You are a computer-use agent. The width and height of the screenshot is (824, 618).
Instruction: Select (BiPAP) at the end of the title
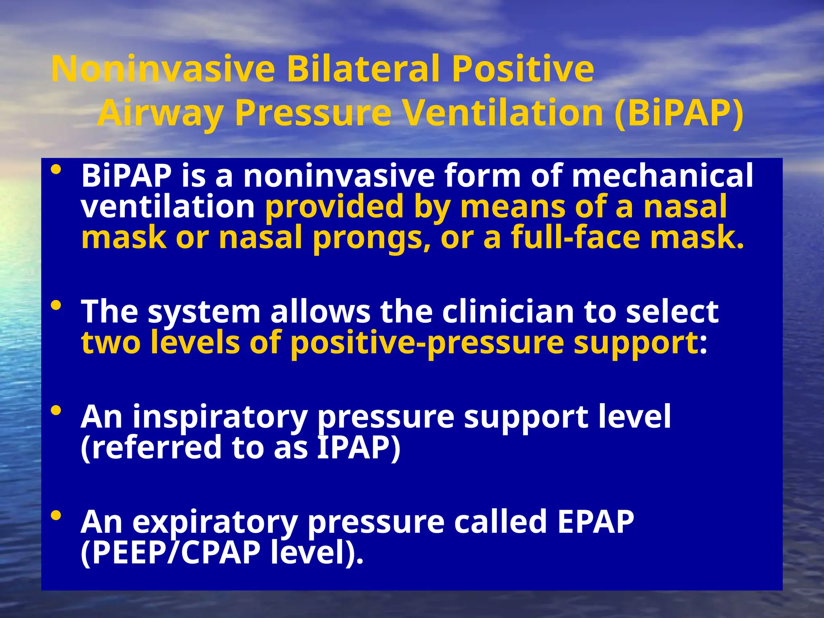[x=679, y=113]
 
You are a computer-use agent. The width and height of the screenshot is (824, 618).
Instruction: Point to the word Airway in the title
[x=160, y=114]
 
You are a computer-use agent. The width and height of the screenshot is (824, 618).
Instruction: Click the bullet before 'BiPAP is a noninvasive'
[x=56, y=170]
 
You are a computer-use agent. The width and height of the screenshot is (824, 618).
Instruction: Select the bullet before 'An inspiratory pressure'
[x=56, y=411]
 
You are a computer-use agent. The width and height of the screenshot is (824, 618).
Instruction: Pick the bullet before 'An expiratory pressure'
[x=56, y=515]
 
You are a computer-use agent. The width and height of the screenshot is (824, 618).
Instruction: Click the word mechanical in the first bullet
[x=662, y=175]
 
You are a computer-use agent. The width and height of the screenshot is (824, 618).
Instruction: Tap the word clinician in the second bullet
[x=508, y=312]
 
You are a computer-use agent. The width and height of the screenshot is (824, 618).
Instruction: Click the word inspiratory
[x=220, y=417]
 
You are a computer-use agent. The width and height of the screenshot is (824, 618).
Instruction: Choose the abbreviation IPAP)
[x=358, y=448]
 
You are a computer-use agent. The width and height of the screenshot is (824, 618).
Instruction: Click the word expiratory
[x=215, y=522]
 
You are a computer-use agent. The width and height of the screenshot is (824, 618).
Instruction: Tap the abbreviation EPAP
[x=595, y=521]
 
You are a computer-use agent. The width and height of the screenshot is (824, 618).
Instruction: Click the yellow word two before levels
[x=111, y=343]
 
